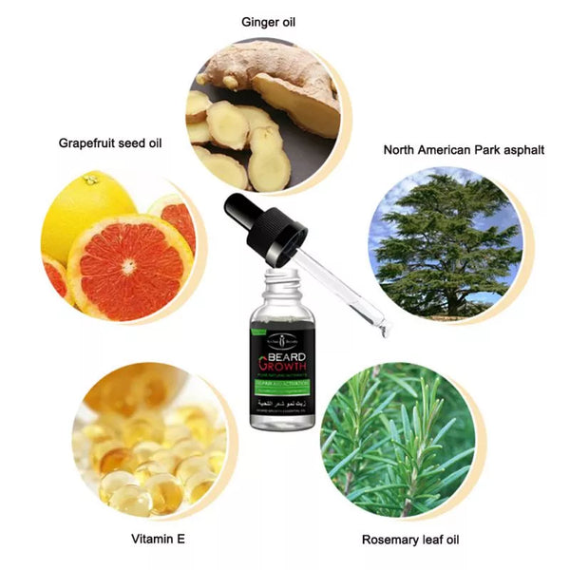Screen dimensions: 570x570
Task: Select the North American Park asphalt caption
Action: (464, 150)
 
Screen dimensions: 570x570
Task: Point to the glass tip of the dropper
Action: (384, 328)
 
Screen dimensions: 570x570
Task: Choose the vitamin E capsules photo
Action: (152, 437)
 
